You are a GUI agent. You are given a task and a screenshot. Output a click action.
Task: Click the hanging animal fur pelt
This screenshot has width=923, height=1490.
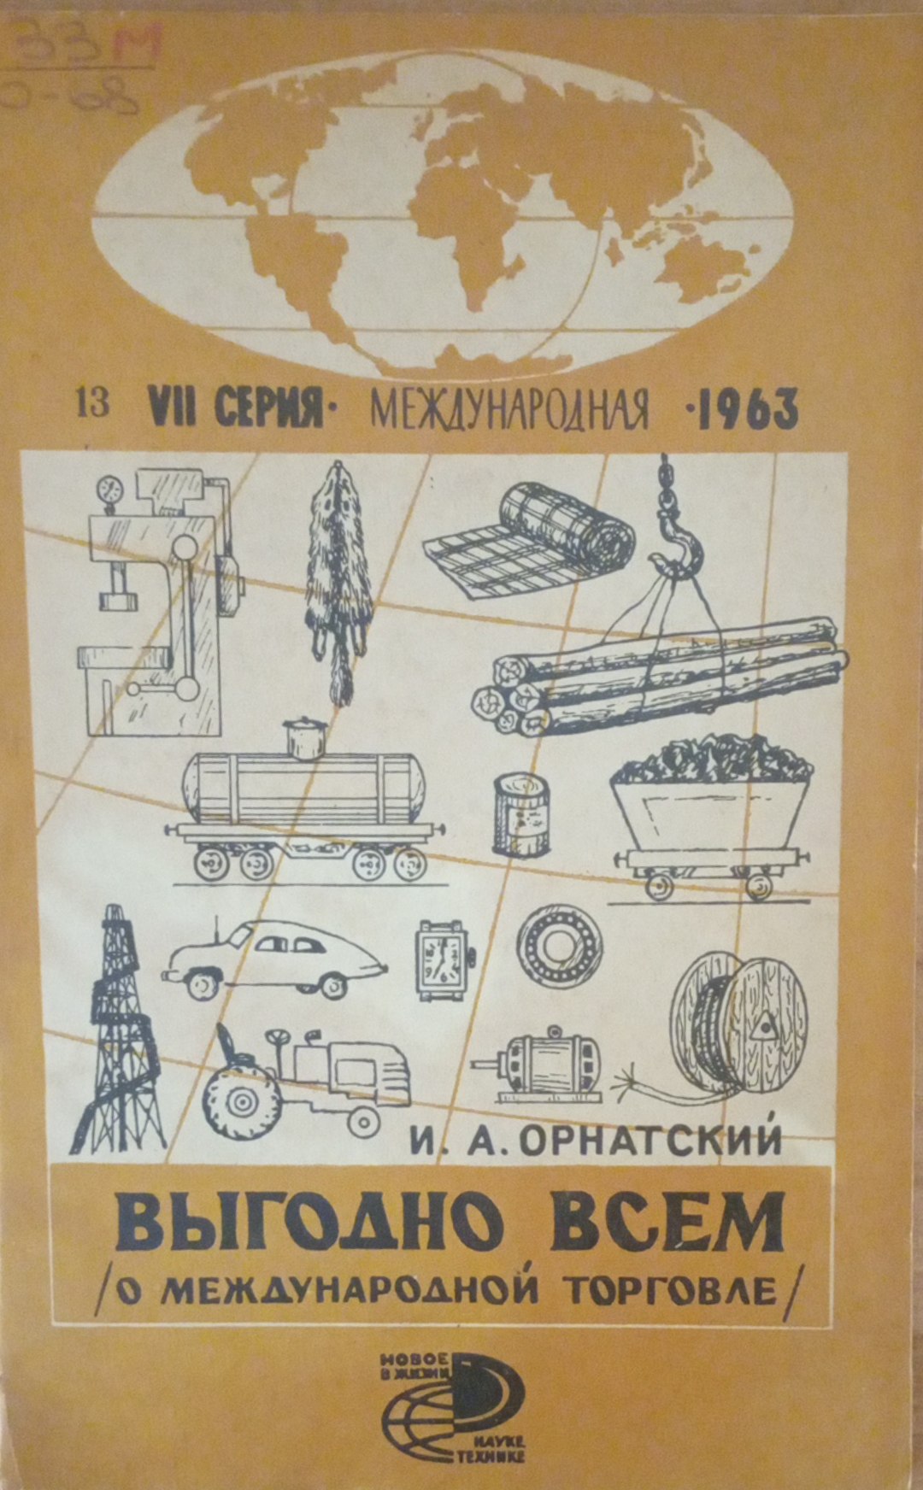click(339, 581)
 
